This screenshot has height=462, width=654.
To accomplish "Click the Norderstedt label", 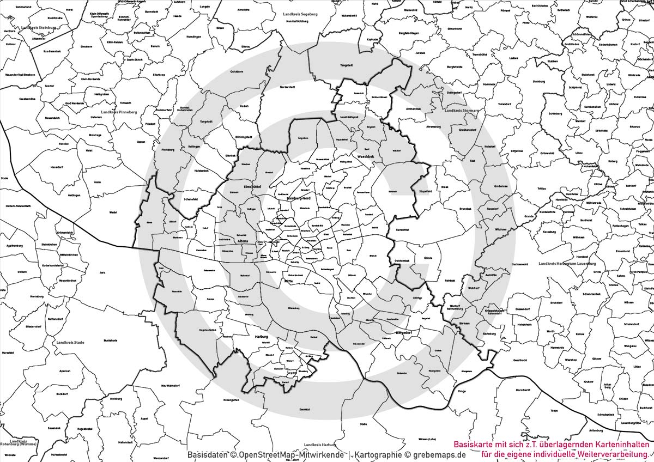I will pos(287,87).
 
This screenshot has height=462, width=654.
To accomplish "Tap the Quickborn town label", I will pos(237,71).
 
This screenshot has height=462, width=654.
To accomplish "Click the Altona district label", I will pos(243,241).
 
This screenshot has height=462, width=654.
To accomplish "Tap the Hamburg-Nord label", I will pos(298,198).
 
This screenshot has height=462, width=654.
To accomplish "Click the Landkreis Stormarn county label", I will pos(461,111).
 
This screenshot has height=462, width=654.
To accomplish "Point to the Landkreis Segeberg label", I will pos(300,14).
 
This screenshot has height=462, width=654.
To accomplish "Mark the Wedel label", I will pos(113,212).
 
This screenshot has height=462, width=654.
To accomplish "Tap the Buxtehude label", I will pos(110,340).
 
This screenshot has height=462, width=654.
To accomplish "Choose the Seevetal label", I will pos(304,409).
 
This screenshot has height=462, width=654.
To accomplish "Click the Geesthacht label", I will pos(520,360).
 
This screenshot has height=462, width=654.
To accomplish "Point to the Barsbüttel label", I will pos(402,229).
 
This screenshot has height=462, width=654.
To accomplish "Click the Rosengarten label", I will pos(231,399).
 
